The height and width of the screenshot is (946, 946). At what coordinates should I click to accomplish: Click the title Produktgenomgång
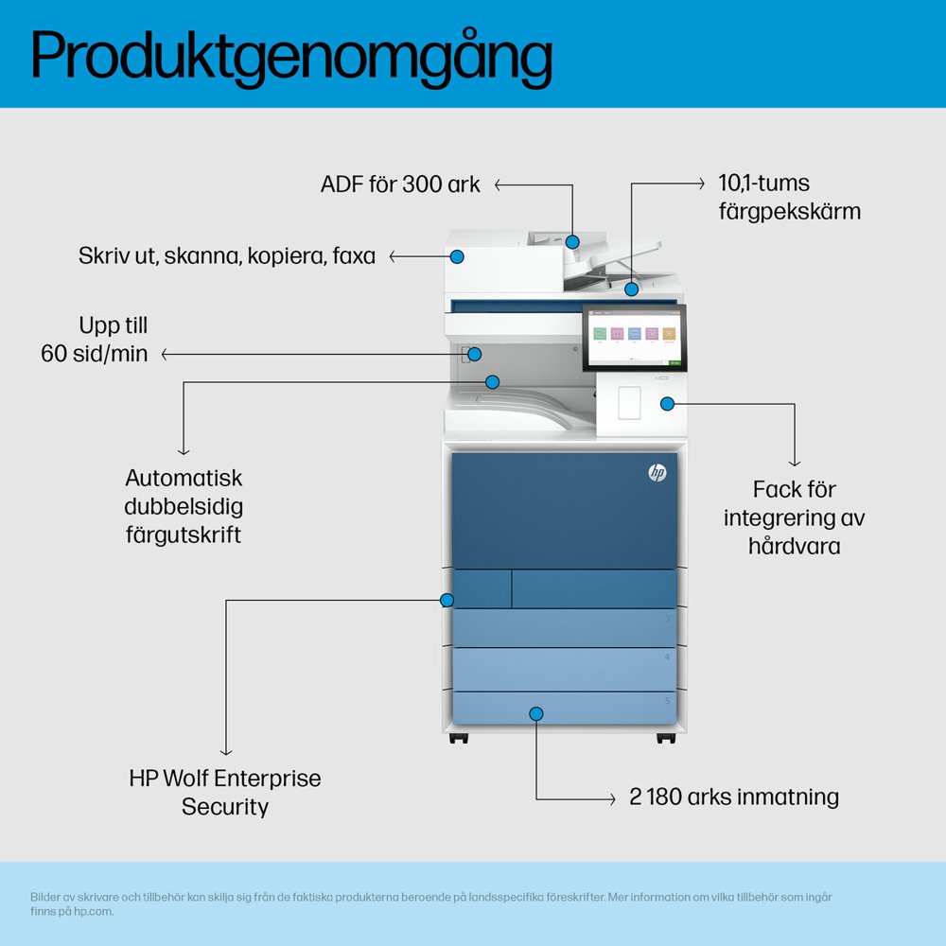(x=291, y=55)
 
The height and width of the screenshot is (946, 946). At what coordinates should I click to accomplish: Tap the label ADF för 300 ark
(x=400, y=184)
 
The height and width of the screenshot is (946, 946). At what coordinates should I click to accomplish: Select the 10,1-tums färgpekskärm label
(x=789, y=197)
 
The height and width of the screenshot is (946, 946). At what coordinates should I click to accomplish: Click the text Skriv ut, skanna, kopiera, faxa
(x=227, y=256)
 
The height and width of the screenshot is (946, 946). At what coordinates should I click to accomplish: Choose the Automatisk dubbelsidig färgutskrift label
(x=184, y=506)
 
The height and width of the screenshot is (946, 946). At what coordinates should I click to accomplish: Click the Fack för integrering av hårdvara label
(x=794, y=517)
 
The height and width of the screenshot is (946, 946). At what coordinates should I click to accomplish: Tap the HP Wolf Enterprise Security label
(x=225, y=793)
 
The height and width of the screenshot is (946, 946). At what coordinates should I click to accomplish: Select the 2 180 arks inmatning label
(x=734, y=797)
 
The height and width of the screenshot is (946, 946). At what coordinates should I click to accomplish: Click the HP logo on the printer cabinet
(x=657, y=473)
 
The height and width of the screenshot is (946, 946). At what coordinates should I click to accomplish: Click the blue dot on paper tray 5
(x=536, y=713)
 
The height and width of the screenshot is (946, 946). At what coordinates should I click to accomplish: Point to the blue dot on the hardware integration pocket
(x=667, y=404)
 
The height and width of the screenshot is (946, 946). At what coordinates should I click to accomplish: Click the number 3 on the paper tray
(x=668, y=618)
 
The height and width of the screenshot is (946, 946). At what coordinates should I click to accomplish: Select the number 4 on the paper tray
(x=668, y=657)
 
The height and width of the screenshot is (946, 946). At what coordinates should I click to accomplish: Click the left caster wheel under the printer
(x=459, y=738)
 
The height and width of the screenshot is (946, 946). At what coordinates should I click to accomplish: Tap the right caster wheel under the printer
(x=665, y=738)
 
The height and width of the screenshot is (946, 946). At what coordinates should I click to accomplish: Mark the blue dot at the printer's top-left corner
(x=458, y=256)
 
